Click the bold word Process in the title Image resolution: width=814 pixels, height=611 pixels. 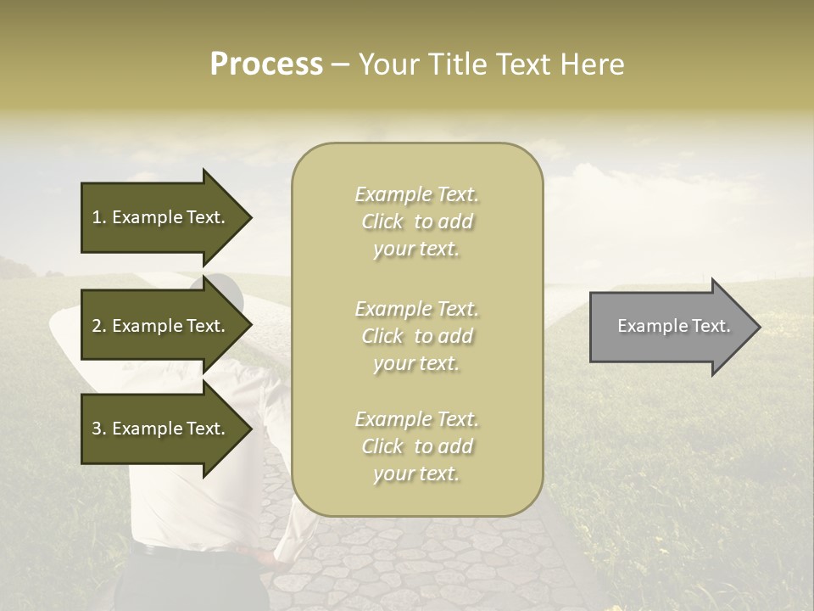pyautogui.click(x=266, y=64)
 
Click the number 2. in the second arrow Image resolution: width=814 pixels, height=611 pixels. pyautogui.click(x=99, y=326)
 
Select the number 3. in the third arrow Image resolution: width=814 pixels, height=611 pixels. pyautogui.click(x=99, y=429)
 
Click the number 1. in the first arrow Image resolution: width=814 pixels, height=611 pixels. pyautogui.click(x=98, y=217)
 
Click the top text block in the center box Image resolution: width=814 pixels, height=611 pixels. pyautogui.click(x=416, y=221)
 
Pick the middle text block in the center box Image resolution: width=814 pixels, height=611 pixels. pyautogui.click(x=416, y=336)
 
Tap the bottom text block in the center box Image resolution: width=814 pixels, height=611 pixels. pyautogui.click(x=416, y=446)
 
